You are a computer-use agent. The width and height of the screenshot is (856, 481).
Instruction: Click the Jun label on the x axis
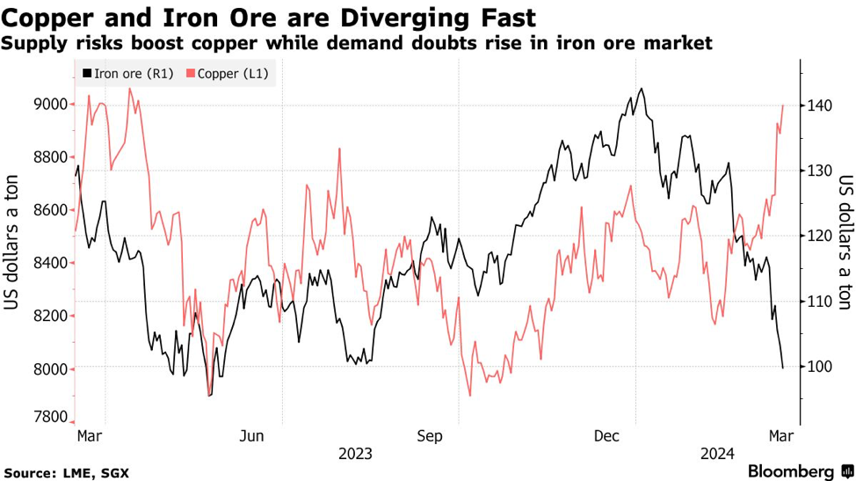tap(252, 435)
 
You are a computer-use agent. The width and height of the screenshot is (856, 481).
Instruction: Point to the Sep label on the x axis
tap(431, 435)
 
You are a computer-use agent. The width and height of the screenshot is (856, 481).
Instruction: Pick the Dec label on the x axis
tap(608, 435)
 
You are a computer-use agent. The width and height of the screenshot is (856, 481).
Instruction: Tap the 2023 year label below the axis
tap(355, 454)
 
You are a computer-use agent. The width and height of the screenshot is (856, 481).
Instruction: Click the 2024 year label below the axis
tap(717, 454)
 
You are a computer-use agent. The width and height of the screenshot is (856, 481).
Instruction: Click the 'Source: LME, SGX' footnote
tap(67, 472)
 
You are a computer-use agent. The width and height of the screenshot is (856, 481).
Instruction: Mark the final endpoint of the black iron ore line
tap(782, 368)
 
